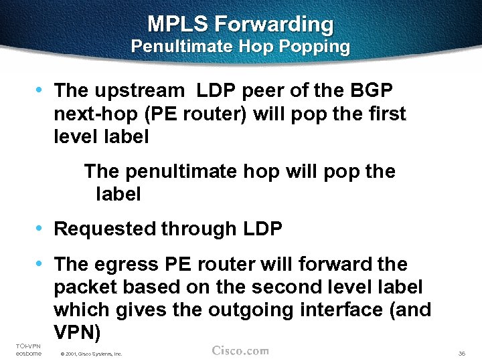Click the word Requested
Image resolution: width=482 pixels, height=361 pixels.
point(104,229)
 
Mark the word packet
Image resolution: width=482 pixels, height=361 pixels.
point(82,287)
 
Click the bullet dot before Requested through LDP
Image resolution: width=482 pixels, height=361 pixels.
point(41,228)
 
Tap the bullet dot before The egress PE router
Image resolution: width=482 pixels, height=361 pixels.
point(41,263)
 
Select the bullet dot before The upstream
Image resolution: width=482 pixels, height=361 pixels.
point(41,89)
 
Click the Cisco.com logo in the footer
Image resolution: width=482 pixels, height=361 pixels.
point(240,351)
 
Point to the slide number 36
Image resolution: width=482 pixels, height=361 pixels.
point(461,353)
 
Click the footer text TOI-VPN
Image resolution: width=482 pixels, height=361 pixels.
point(27,345)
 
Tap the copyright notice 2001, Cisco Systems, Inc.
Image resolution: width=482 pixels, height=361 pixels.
point(91,354)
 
